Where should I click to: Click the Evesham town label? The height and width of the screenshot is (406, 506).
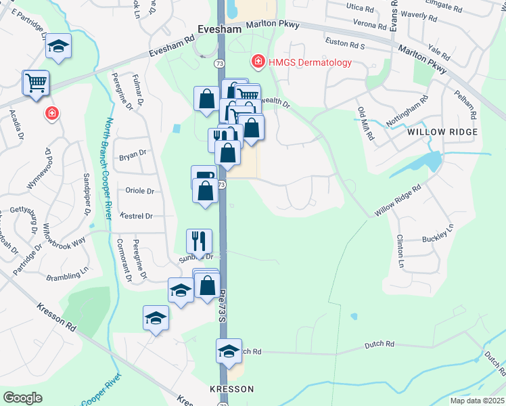tap(219, 29)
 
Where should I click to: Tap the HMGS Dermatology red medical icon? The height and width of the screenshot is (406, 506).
tap(257, 63)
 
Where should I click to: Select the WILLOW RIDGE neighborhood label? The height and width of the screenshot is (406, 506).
tap(443, 132)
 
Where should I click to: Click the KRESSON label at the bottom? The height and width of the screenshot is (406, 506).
tap(231, 389)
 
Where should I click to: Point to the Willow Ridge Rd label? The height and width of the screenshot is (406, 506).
tap(398, 200)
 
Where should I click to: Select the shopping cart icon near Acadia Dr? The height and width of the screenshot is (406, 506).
tap(37, 83)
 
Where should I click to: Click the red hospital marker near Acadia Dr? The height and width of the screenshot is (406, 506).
tap(51, 113)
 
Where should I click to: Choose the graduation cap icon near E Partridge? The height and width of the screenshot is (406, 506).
tap(59, 47)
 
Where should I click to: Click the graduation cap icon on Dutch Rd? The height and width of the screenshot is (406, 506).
tap(229, 351)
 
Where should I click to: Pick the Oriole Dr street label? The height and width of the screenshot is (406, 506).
tap(140, 191)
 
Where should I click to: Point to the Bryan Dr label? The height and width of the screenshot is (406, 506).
tap(133, 154)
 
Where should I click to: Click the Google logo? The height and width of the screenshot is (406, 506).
tap(22, 398)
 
